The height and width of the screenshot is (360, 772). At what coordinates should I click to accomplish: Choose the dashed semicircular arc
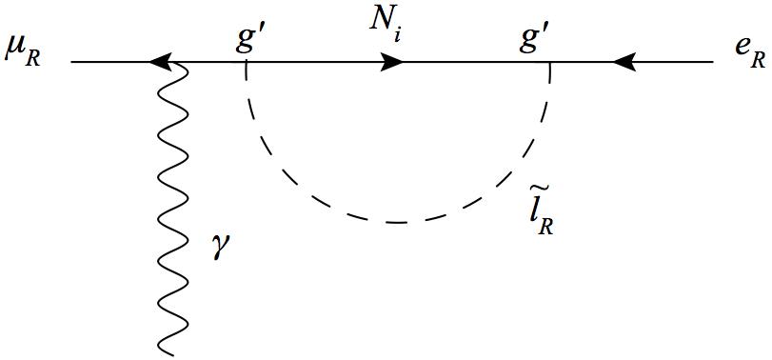pos(397,222)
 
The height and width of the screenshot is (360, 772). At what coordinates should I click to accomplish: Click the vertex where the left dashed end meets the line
pos(247,64)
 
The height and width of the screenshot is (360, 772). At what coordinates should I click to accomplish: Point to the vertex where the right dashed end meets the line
pos(549,64)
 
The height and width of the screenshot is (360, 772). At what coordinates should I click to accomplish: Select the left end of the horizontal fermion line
pos(72,64)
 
